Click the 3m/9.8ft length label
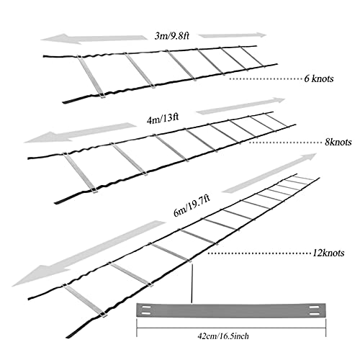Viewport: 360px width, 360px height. (x=172, y=36)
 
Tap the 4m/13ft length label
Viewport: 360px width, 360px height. (x=163, y=119)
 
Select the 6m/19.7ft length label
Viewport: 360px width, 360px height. (x=192, y=205)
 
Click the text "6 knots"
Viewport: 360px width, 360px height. (x=319, y=78)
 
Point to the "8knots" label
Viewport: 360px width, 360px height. (x=338, y=142)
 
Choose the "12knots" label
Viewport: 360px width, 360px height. (x=328, y=253)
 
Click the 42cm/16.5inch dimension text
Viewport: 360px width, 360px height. (x=223, y=336)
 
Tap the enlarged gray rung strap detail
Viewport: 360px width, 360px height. (x=231, y=310)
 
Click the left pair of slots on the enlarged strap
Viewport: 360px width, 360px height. (x=146, y=310)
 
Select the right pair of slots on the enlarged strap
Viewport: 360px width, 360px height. (x=315, y=310)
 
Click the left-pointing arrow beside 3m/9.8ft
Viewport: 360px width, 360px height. (x=94, y=39)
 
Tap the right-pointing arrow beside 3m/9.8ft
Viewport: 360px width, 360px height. (x=233, y=35)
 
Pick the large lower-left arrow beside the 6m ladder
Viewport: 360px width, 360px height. (x=89, y=253)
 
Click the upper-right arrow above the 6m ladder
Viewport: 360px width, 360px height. (x=269, y=173)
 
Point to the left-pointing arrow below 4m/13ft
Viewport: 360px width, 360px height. (x=81, y=132)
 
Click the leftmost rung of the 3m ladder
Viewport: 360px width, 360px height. (x=91, y=76)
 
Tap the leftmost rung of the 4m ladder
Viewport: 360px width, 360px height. (x=79, y=173)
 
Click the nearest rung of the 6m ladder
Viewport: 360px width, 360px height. (x=84, y=300)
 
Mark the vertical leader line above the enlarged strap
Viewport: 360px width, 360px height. (x=192, y=283)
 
